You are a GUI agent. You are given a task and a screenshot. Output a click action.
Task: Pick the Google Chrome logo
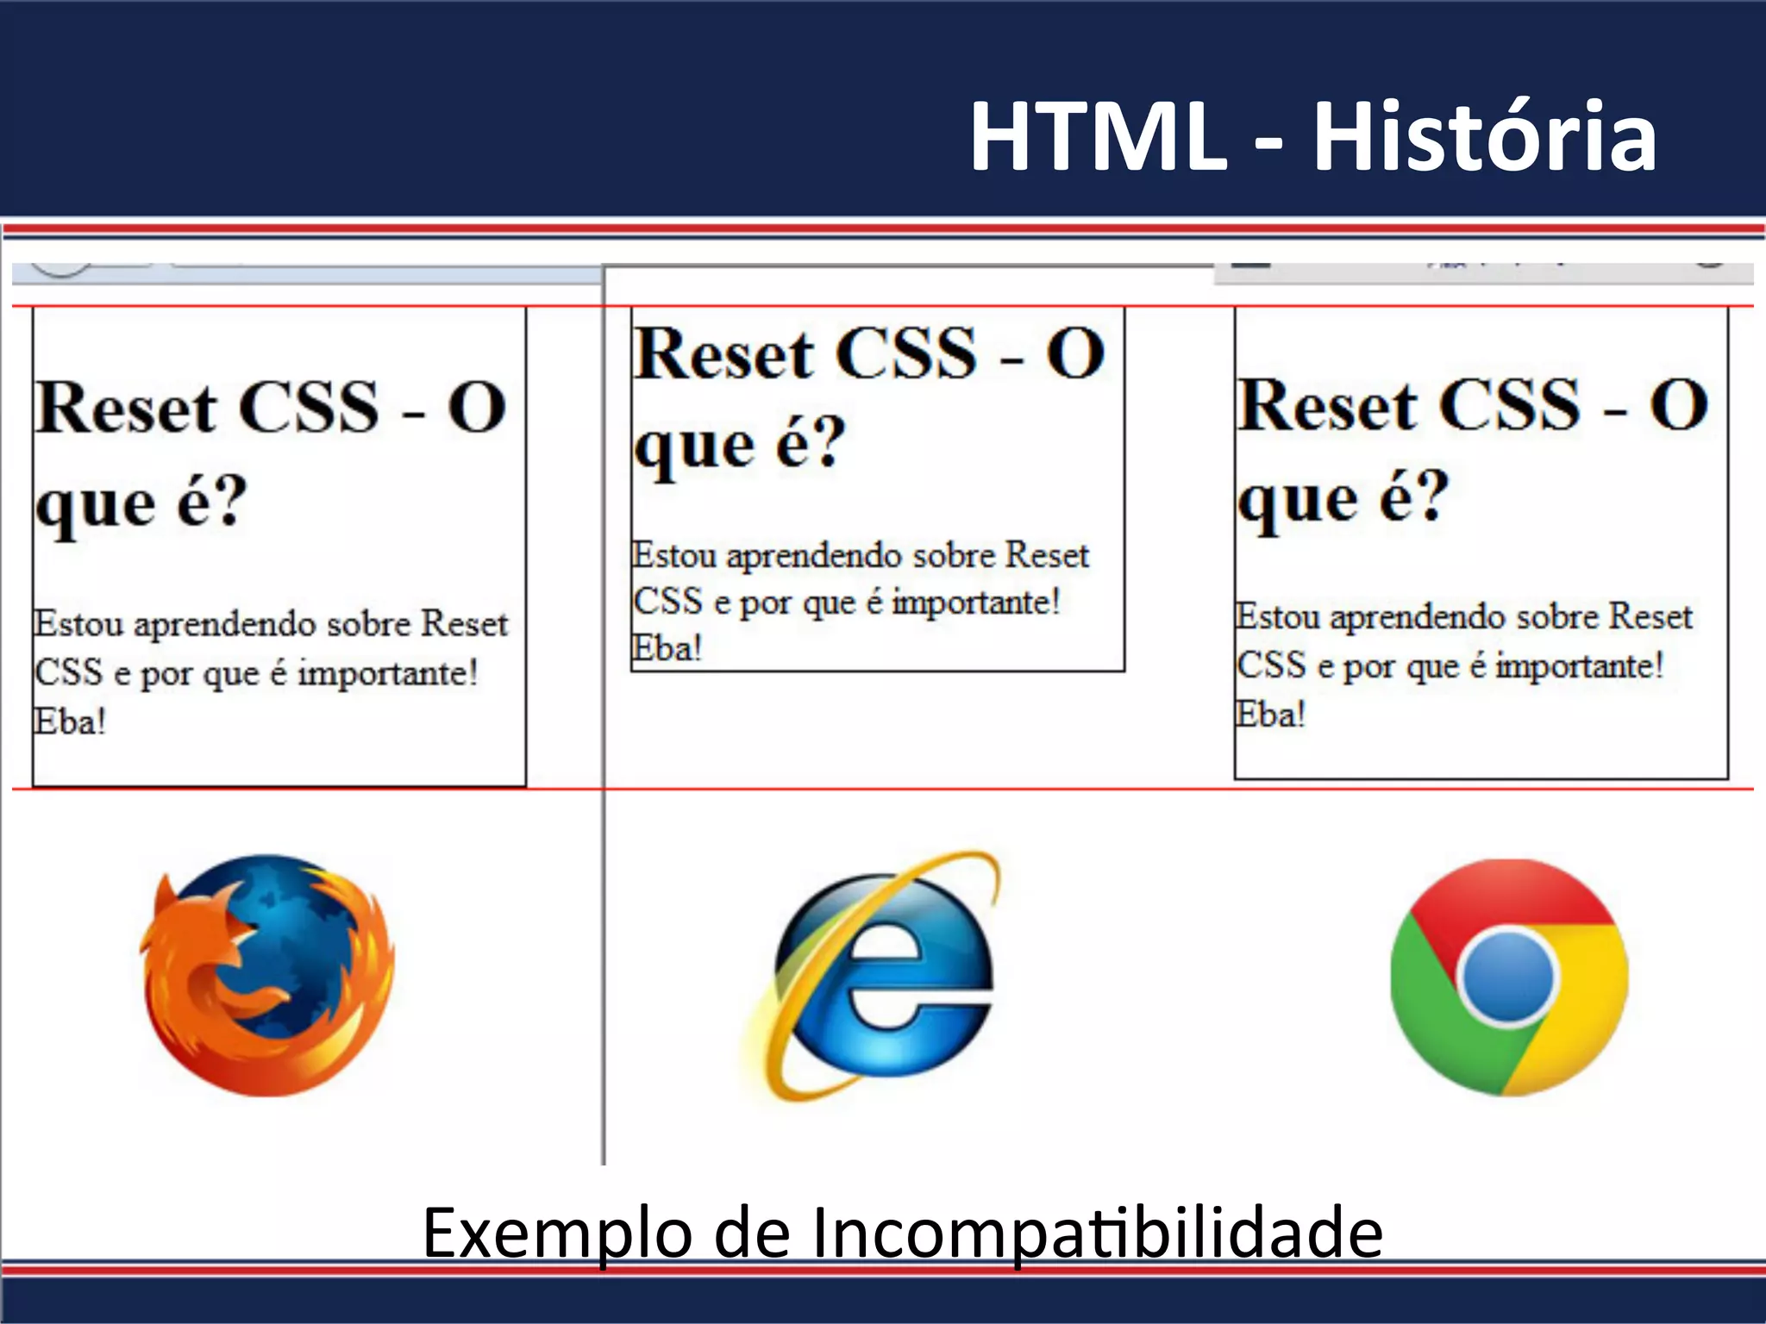[x=1509, y=977]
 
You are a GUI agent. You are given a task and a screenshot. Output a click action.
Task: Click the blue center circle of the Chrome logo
[x=1509, y=977]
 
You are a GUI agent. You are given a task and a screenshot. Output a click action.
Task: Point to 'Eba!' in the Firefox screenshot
[x=70, y=721]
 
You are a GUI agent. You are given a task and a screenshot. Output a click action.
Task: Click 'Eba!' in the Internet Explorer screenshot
[x=667, y=648]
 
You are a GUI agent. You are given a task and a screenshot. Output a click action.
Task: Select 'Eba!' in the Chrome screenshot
[x=1270, y=715]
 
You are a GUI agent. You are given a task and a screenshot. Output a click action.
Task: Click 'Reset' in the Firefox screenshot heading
[x=126, y=408]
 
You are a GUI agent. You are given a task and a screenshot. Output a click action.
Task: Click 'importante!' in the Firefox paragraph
[x=387, y=673]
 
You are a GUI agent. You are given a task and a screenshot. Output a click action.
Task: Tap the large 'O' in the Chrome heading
[x=1678, y=405]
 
